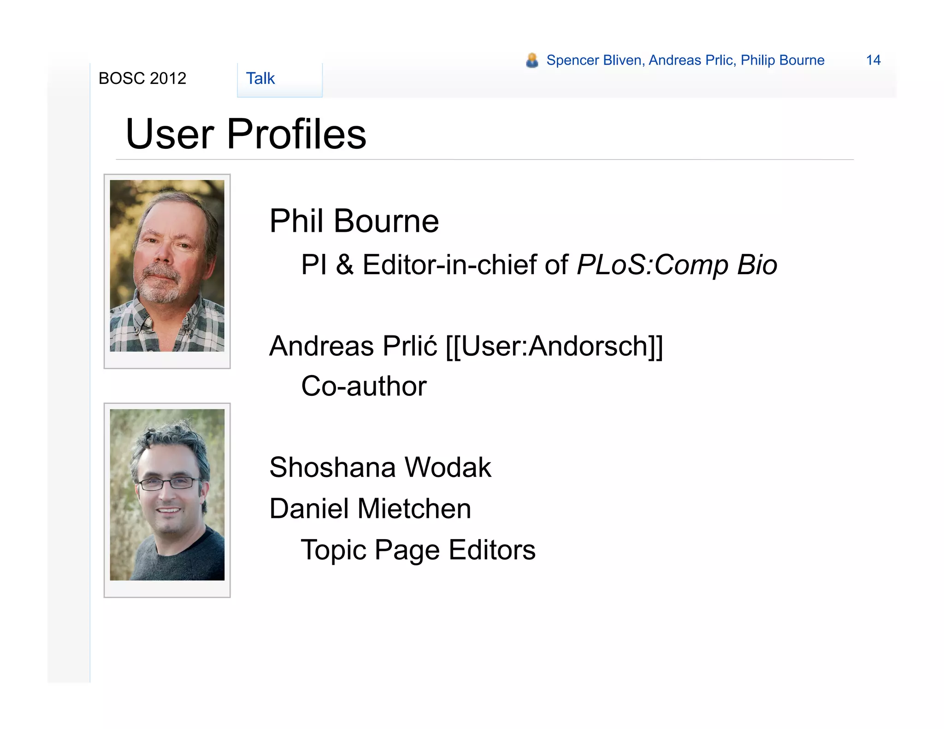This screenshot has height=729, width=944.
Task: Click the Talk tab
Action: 260,79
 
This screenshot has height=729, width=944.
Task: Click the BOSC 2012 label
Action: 142,79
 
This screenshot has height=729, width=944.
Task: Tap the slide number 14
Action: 873,60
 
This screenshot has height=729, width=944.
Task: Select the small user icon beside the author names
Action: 532,60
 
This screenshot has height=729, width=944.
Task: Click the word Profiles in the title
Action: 296,134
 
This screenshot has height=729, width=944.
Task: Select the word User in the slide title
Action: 170,134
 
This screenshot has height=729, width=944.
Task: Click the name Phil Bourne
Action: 354,221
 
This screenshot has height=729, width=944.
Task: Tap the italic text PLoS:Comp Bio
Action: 677,265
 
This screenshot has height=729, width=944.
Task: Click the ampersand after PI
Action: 345,265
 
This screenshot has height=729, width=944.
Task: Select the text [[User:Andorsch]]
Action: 554,346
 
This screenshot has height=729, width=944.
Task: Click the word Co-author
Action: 364,386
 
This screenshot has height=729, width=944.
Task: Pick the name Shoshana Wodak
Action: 380,467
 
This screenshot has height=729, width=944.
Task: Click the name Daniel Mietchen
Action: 370,509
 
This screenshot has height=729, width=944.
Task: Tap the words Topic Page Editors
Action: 418,550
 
